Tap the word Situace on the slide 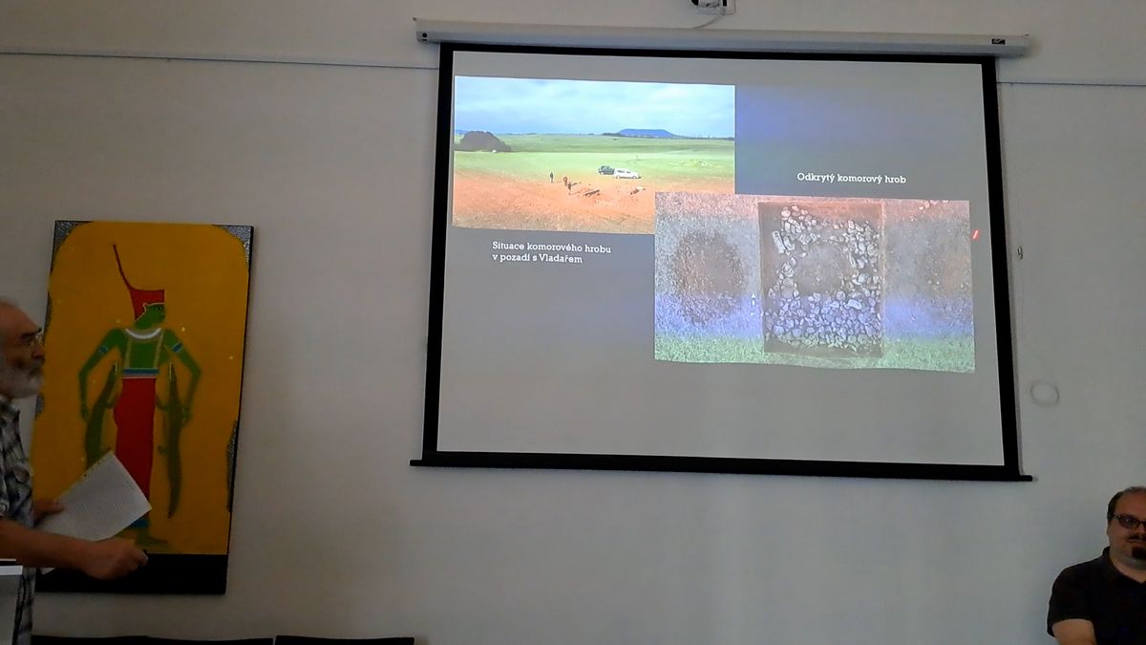tap(508, 247)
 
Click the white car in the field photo tap(626, 174)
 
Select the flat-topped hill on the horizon tap(647, 133)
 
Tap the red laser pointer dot tap(975, 234)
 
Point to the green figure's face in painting tap(155, 314)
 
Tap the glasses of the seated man tap(1130, 521)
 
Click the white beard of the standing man tap(23, 378)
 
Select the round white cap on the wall tap(1044, 394)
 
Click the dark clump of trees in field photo tap(482, 141)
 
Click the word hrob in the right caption tap(895, 179)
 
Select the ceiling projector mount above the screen tap(713, 6)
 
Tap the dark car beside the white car tap(606, 170)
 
